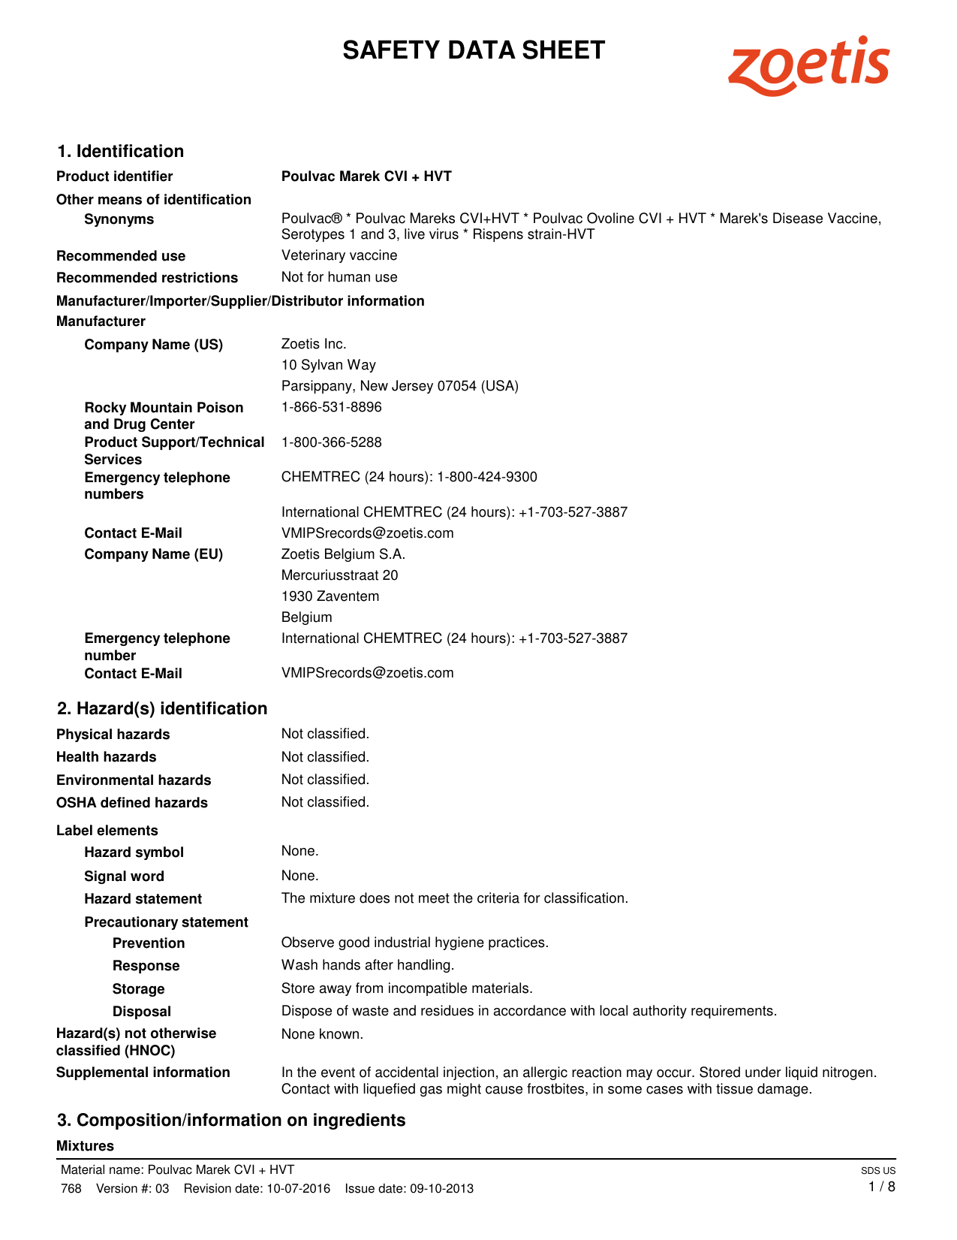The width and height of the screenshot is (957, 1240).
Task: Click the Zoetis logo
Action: pos(808,65)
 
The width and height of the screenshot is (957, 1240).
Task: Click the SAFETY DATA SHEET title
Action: pos(474,50)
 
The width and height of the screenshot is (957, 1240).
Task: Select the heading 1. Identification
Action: pos(120,151)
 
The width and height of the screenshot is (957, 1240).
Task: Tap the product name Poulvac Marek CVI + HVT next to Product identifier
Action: pos(366,176)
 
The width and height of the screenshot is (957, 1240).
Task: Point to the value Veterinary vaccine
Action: pos(339,255)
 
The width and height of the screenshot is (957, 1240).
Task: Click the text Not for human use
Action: pos(339,277)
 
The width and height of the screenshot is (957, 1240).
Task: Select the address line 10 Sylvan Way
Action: pos(329,365)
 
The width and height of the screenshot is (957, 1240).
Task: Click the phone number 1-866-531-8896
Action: pos(331,407)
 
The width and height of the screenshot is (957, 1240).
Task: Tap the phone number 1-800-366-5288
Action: pos(331,442)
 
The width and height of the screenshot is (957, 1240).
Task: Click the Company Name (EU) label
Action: pos(153,554)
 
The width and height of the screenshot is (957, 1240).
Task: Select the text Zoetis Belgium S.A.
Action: pos(343,554)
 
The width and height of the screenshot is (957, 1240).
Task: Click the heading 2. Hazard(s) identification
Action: pos(162,708)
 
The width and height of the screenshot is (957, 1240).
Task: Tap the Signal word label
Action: pos(124,876)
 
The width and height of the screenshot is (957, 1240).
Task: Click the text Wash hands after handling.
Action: pos(368,965)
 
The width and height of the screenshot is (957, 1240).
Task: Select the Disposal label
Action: pos(141,1012)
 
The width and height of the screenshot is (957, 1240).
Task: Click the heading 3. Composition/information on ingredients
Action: pos(231,1120)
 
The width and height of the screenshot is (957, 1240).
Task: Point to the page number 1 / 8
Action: pos(881,1187)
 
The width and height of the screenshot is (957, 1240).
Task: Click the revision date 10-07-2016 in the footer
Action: pos(299,1188)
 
